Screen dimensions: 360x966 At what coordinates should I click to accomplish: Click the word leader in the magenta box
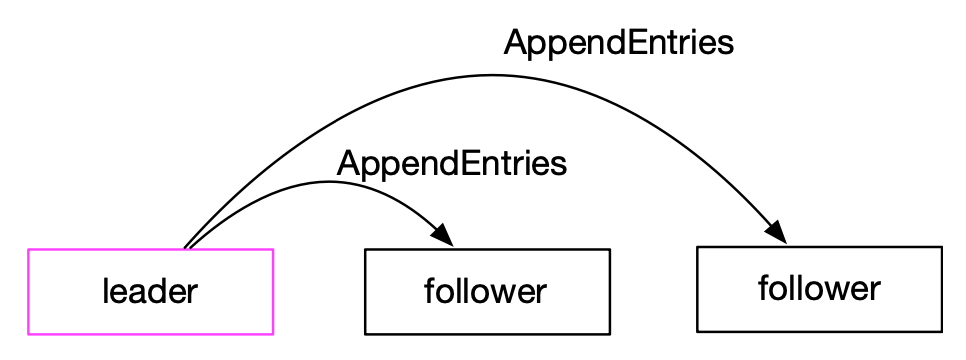click(x=149, y=292)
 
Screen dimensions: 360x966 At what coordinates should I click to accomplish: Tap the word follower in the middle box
click(x=485, y=292)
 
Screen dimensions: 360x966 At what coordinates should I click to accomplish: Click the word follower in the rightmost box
click(x=819, y=290)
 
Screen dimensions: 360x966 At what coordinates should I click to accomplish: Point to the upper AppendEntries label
click(x=619, y=44)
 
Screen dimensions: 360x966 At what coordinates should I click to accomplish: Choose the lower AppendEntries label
click(x=452, y=164)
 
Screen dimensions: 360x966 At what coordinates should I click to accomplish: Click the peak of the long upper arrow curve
click(x=490, y=74)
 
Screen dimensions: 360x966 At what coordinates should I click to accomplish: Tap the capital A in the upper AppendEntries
click(x=515, y=44)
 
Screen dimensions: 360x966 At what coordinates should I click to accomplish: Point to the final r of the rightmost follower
click(x=875, y=290)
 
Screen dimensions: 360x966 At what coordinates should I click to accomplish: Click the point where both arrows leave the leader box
click(x=186, y=248)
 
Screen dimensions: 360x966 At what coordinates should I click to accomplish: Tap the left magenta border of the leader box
click(x=28, y=291)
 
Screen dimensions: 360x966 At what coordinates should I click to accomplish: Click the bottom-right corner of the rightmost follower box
click(x=941, y=330)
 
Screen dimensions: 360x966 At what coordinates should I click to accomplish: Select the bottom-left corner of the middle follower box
click(x=366, y=333)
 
